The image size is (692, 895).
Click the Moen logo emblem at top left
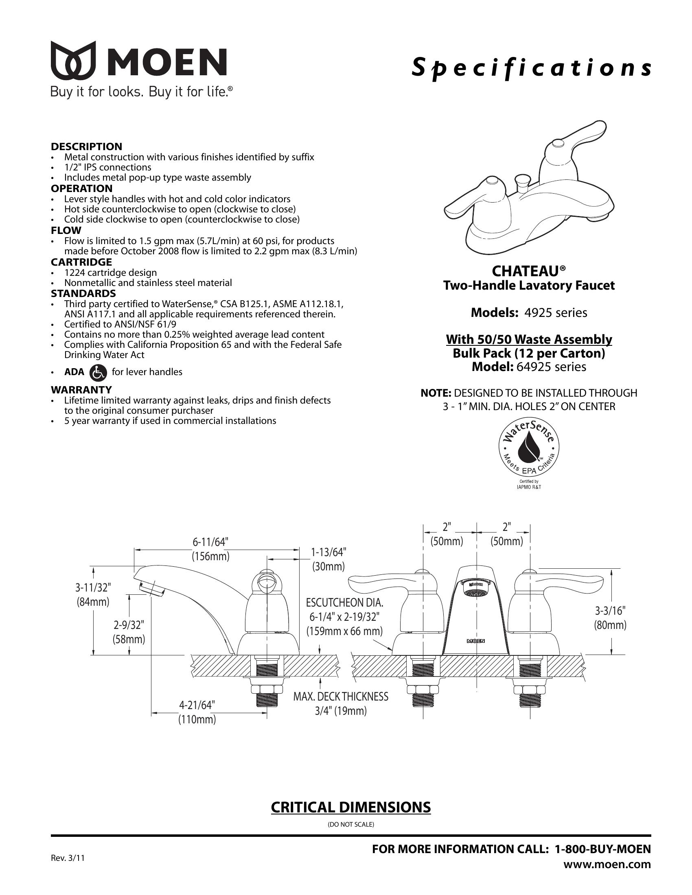pyautogui.click(x=73, y=60)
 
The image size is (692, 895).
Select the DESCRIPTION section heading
pyautogui.click(x=86, y=146)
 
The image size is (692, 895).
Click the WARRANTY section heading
pyautogui.click(x=81, y=389)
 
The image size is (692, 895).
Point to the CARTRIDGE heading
pyautogui.click(x=81, y=262)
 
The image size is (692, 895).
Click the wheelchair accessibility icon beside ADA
pyautogui.click(x=98, y=372)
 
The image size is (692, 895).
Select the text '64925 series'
pyautogui.click(x=552, y=367)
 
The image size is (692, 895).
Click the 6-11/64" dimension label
pyautogui.click(x=210, y=542)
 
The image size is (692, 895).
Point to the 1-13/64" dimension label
pyautogui.click(x=328, y=552)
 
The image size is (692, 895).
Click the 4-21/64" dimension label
pyautogui.click(x=197, y=705)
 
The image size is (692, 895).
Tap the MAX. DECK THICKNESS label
pyautogui.click(x=341, y=696)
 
